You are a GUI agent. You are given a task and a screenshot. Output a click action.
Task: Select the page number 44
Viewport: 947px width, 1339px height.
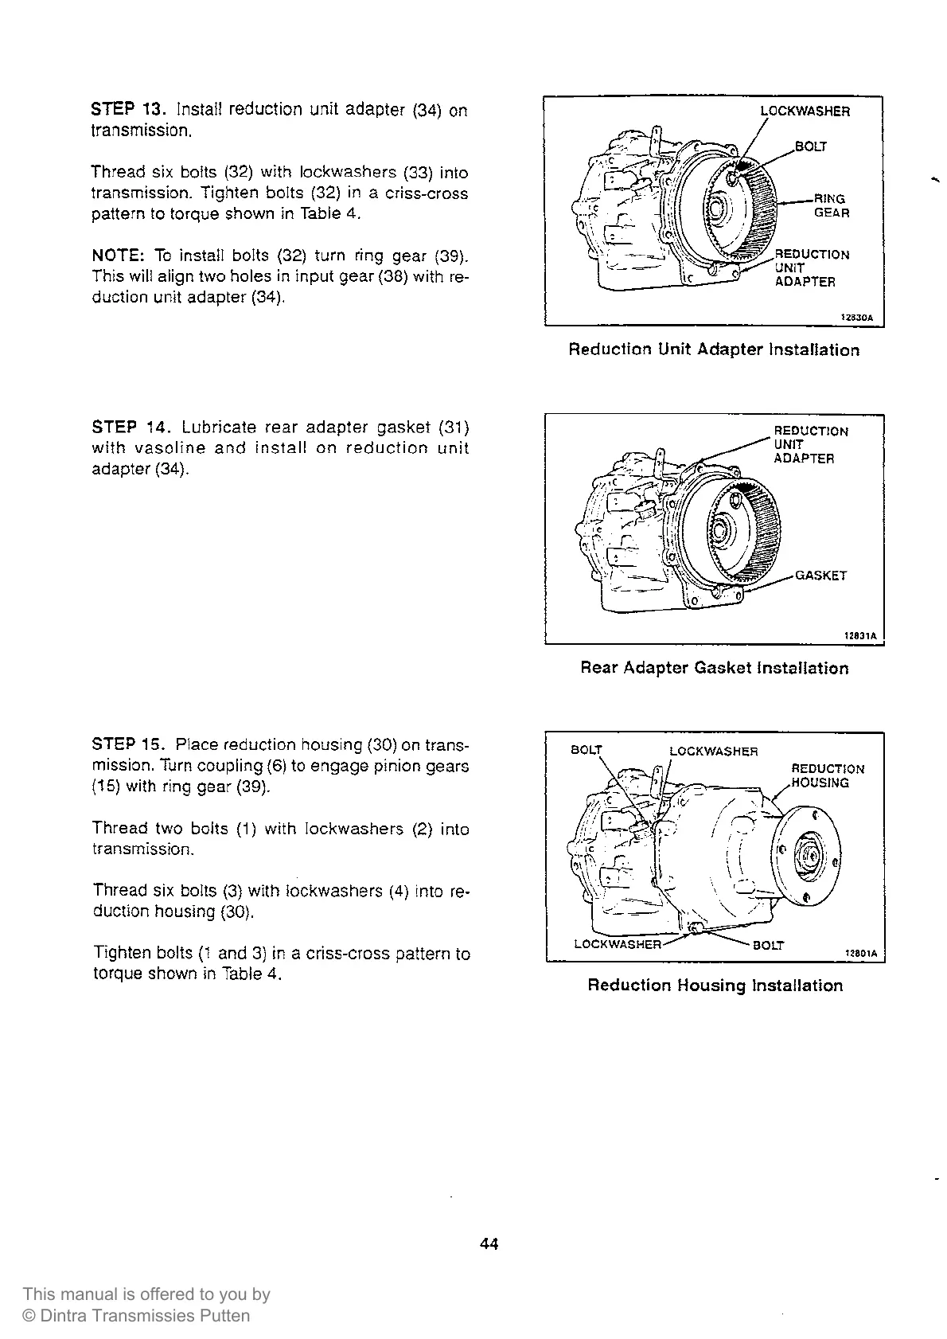click(489, 1243)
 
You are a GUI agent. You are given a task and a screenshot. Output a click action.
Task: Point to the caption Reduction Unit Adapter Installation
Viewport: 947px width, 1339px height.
click(714, 350)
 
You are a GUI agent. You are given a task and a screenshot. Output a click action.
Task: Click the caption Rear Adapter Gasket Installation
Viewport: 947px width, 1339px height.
click(714, 668)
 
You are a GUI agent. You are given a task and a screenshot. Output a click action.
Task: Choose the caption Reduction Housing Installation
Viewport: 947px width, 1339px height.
click(715, 986)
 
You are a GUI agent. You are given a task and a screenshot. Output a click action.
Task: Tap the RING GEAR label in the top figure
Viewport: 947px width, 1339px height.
click(831, 206)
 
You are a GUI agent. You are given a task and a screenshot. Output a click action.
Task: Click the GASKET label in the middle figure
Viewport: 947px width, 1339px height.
click(821, 576)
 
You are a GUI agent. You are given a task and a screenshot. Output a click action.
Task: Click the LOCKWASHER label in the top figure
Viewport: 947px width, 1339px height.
click(805, 111)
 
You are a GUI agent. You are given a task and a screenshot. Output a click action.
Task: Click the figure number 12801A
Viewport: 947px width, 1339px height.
click(860, 952)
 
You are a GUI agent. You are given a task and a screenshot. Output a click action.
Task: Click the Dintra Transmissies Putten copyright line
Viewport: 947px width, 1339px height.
click(136, 1316)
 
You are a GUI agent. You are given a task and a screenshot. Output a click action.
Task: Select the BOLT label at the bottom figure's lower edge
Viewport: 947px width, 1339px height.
click(768, 945)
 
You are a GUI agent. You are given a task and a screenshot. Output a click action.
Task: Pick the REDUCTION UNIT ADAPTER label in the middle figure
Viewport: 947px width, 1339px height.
click(810, 444)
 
